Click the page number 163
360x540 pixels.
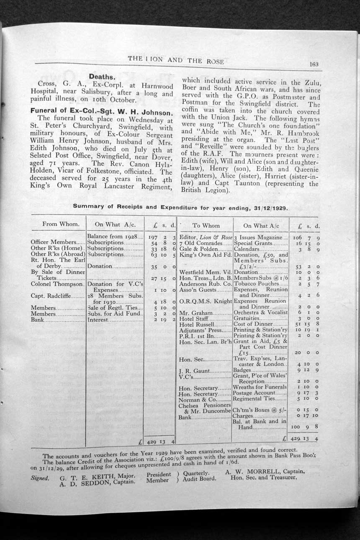[x=314, y=64]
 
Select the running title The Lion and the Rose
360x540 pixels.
[x=176, y=60]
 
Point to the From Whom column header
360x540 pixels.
[x=61, y=224]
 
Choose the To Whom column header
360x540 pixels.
[x=206, y=226]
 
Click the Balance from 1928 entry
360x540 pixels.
[x=111, y=237]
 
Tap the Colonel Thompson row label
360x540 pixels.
[x=58, y=284]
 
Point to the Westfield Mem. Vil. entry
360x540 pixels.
[x=205, y=272]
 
